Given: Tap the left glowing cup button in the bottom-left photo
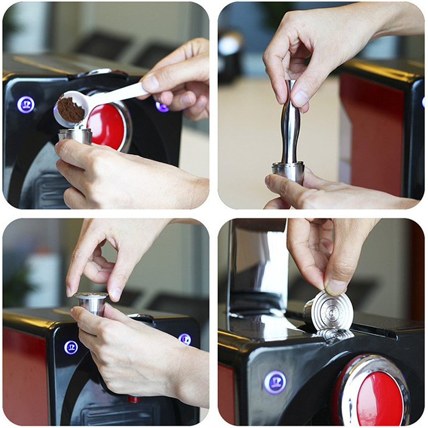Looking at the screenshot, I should (71, 347).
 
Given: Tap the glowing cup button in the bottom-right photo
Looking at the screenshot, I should (275, 382).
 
